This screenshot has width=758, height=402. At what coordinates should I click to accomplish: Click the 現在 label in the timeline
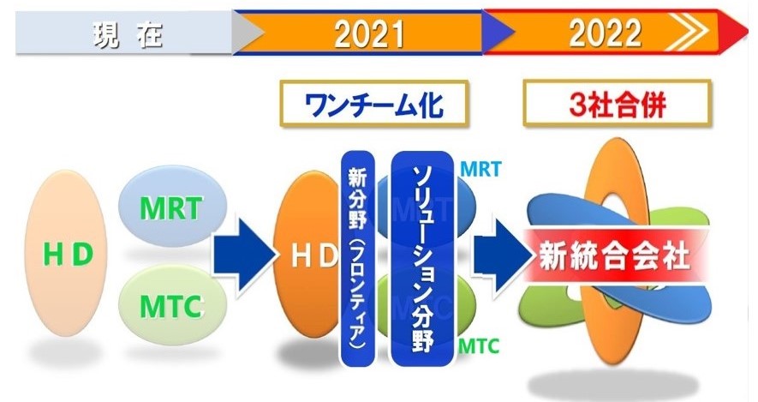pos(128,35)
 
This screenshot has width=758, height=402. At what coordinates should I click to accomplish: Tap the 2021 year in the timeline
pos(369,34)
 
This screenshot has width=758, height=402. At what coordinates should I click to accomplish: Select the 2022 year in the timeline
pos(605,33)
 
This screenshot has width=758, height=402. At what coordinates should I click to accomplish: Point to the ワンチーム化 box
pos(373,104)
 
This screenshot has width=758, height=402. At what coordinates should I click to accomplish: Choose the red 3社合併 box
pos(618,103)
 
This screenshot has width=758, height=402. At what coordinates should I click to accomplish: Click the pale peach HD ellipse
pos(66,253)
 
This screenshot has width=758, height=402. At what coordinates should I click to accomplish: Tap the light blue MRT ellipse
pos(172,207)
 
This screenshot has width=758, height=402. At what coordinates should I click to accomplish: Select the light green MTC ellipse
pos(172,305)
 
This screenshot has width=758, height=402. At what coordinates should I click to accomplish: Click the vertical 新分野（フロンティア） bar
pos(358,258)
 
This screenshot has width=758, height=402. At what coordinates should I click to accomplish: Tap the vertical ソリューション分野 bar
pos(422,258)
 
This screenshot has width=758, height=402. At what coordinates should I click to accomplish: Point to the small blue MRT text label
pos(480,170)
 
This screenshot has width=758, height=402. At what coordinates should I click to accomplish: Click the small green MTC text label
pos(478,346)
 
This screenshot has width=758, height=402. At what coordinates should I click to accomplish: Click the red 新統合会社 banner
pos(615,255)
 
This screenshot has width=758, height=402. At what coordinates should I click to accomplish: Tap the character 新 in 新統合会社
pos(552,255)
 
